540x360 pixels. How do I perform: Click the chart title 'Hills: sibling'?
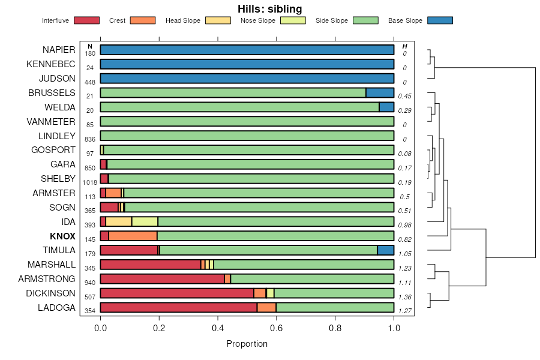[x=270, y=8]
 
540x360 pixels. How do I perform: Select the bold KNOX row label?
[x=62, y=236]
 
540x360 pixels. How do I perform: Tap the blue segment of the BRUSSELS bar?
[x=380, y=93]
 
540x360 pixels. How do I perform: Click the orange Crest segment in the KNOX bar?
[x=133, y=236]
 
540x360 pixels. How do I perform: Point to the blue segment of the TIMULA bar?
[x=385, y=250]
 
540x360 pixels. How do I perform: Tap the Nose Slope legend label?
[x=257, y=20]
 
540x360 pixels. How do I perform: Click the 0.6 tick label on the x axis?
[x=335, y=328]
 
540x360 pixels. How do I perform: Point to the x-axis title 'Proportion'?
[x=247, y=344]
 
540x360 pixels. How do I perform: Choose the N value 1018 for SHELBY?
[x=90, y=182]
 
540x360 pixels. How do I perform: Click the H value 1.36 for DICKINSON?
[x=405, y=297]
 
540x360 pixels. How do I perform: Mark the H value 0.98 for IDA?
[x=405, y=225]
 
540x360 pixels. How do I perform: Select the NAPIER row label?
[x=59, y=50]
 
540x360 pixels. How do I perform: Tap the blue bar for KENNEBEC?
[x=247, y=64]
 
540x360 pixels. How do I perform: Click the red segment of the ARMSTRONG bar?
[x=162, y=278]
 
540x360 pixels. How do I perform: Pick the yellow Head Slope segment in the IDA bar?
[x=119, y=221]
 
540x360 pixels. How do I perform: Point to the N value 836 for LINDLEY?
[x=90, y=139]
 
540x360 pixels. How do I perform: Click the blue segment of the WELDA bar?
[x=386, y=107]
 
